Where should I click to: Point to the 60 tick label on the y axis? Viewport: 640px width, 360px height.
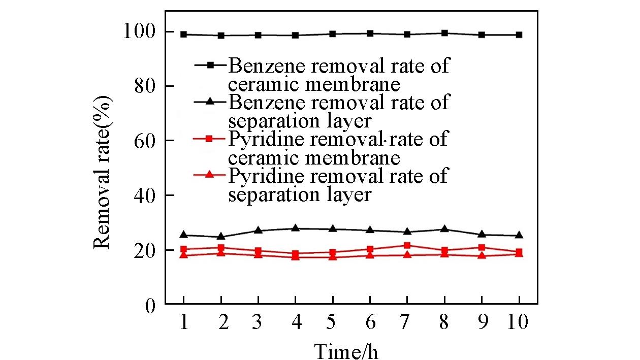click(x=144, y=141)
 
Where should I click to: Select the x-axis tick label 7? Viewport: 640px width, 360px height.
click(x=407, y=322)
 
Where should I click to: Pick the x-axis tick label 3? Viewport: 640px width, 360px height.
click(x=258, y=322)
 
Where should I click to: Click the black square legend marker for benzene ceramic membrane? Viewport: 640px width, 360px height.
click(x=211, y=65)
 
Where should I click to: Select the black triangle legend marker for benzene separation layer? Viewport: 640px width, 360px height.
click(x=211, y=102)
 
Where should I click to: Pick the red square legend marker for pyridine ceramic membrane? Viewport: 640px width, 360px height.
click(x=211, y=139)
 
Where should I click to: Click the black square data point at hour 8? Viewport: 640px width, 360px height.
click(x=444, y=34)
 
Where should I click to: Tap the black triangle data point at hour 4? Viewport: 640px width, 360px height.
click(x=295, y=228)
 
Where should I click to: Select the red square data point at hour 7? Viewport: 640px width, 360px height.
click(x=407, y=245)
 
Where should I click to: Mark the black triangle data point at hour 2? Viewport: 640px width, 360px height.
click(x=221, y=236)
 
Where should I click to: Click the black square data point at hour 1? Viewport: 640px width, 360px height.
click(x=184, y=35)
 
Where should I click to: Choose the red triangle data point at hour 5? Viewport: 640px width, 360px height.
click(x=333, y=256)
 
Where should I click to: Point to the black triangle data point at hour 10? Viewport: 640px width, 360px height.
click(x=519, y=235)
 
